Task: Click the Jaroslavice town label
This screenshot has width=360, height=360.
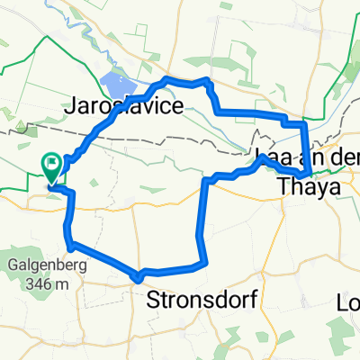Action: point(124,105)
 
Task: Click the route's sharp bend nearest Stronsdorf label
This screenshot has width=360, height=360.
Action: point(138,277)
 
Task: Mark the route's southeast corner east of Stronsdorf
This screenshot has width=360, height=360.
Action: point(205,263)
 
